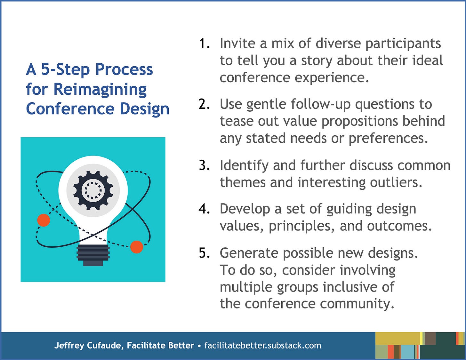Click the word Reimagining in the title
click(x=100, y=90)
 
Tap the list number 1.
click(x=204, y=43)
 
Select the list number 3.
click(x=204, y=165)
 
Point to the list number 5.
click(x=204, y=253)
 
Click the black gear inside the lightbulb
click(x=93, y=190)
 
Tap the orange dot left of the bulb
click(x=44, y=220)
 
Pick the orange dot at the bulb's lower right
click(x=137, y=247)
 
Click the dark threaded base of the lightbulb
click(x=93, y=255)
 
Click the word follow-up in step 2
click(x=321, y=104)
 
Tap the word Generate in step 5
click(x=249, y=253)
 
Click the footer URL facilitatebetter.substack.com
click(x=263, y=345)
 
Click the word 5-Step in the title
click(x=65, y=70)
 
